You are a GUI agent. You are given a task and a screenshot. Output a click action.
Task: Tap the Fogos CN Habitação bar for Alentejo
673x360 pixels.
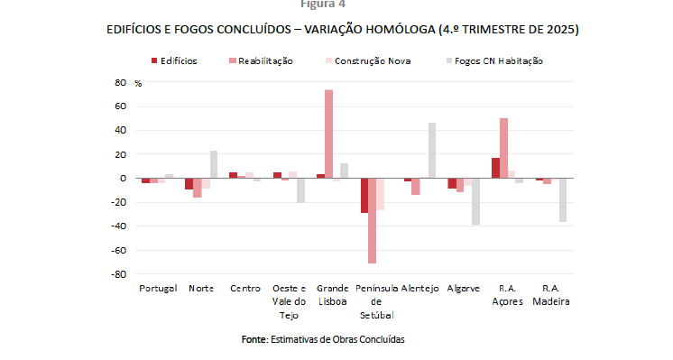point(432,150)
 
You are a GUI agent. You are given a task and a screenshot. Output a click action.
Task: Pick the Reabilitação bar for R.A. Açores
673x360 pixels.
point(503,148)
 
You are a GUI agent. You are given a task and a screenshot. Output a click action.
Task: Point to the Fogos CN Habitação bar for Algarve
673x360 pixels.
point(475,201)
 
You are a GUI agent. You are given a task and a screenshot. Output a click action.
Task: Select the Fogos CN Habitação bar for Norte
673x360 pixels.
point(214,164)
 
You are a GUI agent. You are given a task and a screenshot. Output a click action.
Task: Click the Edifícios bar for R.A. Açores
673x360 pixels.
point(495,168)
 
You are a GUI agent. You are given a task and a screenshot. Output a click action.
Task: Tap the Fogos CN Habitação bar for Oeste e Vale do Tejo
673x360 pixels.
point(301,190)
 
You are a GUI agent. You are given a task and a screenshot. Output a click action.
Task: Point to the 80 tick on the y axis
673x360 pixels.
point(120,82)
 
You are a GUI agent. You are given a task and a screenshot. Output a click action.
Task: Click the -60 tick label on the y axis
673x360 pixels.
point(118,250)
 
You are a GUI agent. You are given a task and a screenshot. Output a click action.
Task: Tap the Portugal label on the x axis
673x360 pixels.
point(159,289)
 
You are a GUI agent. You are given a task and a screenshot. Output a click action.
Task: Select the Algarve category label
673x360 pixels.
point(464,289)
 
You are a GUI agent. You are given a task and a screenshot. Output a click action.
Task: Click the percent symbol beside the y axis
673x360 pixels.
point(138,83)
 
